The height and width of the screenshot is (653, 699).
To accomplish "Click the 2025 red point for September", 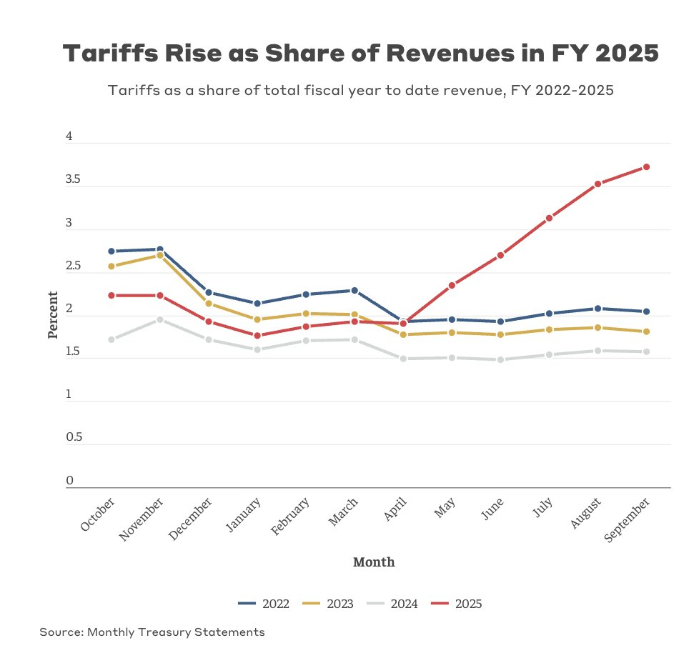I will tap(646, 167).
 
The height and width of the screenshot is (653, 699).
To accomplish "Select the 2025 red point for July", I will tap(549, 218).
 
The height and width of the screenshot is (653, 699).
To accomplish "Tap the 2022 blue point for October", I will tap(111, 251).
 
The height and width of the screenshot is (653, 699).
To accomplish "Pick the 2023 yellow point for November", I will tap(159, 255).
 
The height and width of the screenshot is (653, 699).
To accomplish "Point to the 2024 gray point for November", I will tap(159, 319).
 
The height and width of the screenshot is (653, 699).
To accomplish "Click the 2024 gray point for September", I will tap(646, 352).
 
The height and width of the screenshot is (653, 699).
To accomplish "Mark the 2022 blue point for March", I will tap(355, 291).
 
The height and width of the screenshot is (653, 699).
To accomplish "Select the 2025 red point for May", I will tap(452, 286).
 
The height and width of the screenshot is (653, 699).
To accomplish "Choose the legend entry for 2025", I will tap(457, 604).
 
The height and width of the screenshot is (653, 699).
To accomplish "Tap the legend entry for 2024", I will tap(392, 604).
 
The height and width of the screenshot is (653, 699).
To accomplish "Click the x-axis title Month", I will tap(374, 562).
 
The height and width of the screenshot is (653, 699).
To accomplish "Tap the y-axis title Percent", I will tap(54, 315).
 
